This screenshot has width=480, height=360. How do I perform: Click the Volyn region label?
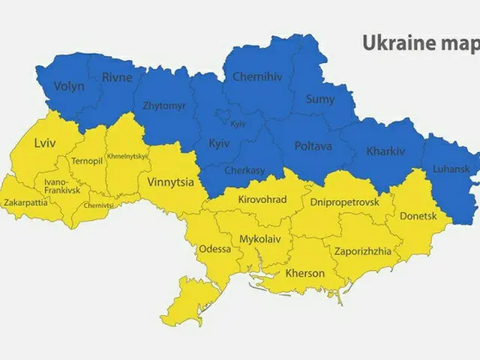click(x=69, y=85)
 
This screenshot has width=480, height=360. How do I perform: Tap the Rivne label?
click(x=117, y=76)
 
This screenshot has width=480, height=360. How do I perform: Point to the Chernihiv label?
click(x=257, y=76)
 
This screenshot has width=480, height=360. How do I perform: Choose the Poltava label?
click(x=313, y=145)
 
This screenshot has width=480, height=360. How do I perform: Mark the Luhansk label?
click(x=452, y=170)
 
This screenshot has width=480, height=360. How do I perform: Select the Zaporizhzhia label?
click(x=362, y=251)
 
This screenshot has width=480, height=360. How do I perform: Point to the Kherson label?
click(x=305, y=273)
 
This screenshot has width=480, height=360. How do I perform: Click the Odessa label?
click(x=214, y=249)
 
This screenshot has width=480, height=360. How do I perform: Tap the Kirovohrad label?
click(x=262, y=200)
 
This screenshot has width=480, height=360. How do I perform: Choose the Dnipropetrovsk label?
click(x=344, y=202)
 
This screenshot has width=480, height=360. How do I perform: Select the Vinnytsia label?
click(x=171, y=181)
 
